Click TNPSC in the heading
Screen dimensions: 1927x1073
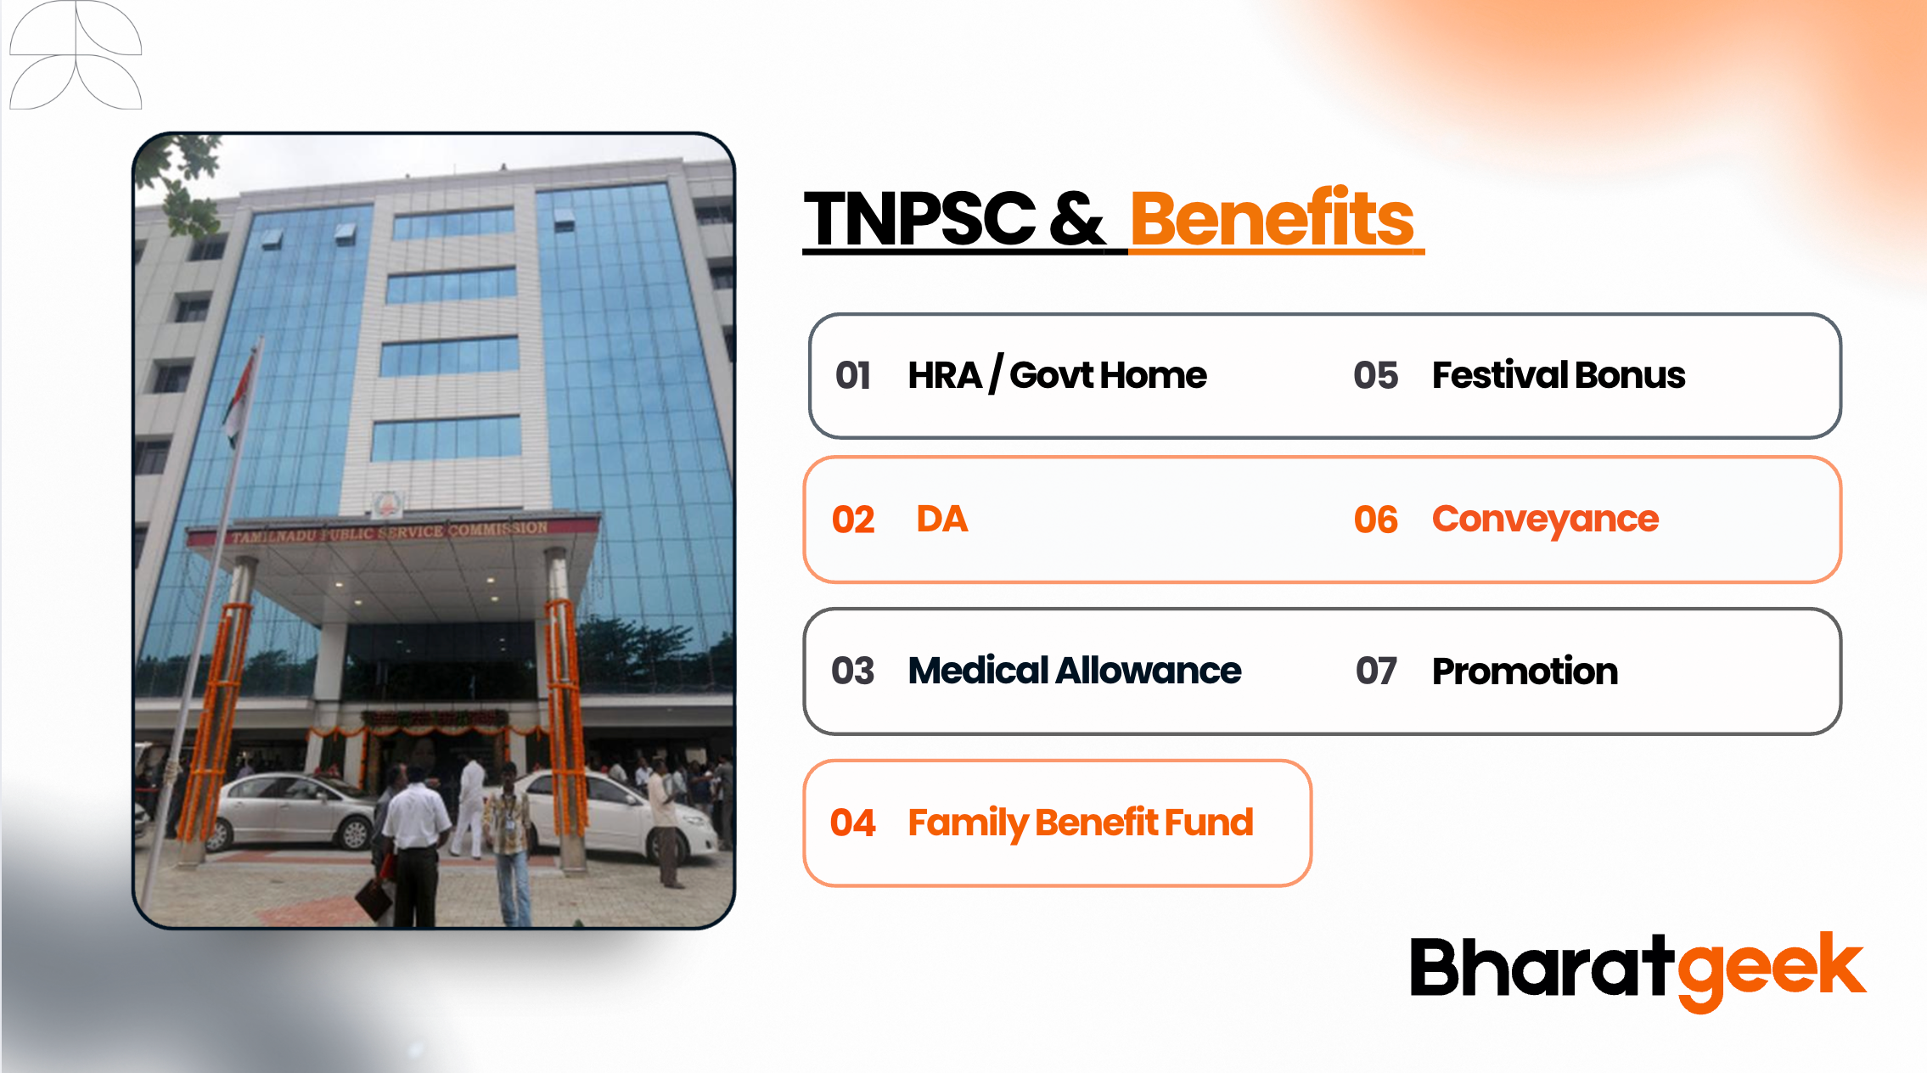920,218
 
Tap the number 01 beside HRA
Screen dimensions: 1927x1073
853,375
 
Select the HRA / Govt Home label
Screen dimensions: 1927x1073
1057,374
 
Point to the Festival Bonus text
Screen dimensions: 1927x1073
1559,374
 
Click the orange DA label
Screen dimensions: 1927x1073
942,519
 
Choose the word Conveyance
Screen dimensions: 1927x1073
1545,520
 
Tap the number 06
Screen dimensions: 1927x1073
1376,520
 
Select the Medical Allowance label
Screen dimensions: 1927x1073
1075,671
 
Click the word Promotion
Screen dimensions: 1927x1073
1525,671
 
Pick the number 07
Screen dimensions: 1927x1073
1376,671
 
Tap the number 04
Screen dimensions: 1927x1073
852,823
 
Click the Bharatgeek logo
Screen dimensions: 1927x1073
1638,970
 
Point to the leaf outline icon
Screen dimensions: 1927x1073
76,55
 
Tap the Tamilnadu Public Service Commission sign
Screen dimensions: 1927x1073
390,532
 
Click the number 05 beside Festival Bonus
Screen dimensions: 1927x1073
1376,375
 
